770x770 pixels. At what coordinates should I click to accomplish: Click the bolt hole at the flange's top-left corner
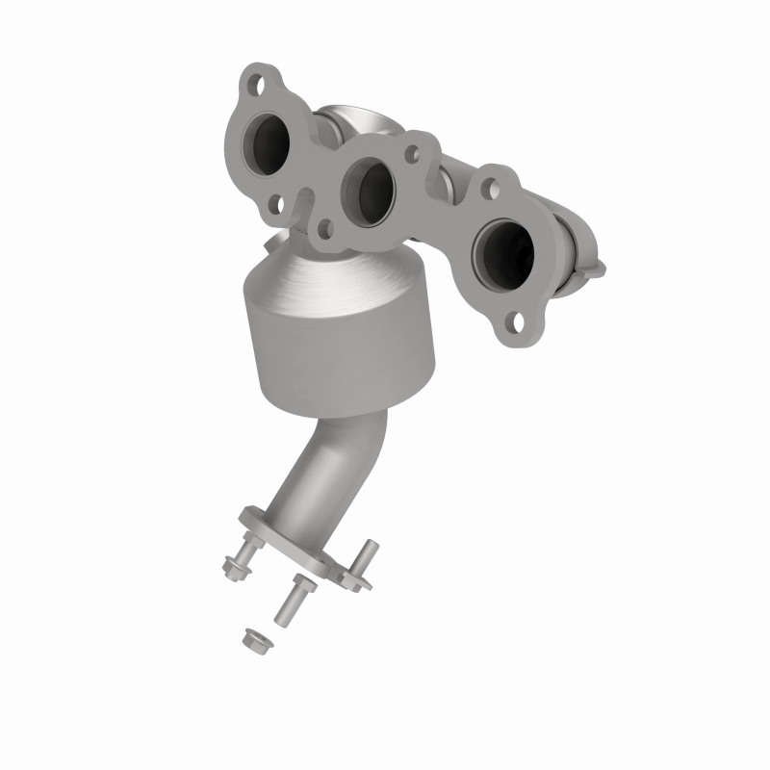(255, 85)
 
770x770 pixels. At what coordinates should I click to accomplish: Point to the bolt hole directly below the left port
(276, 204)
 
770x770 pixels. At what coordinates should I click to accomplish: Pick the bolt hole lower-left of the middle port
(324, 229)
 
